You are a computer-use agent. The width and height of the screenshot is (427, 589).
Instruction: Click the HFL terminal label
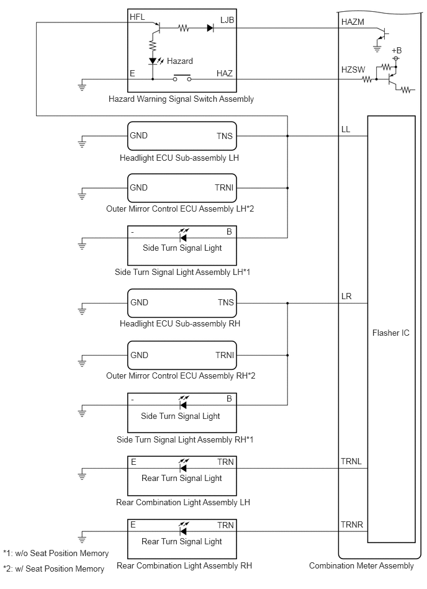[x=137, y=17]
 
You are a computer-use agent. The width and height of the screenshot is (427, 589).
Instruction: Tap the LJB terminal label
[x=227, y=20]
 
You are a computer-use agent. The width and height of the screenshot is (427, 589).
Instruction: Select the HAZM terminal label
[x=353, y=22]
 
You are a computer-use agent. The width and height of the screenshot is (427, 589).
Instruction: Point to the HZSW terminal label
[x=353, y=70]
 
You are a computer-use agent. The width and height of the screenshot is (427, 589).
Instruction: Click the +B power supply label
[x=397, y=50]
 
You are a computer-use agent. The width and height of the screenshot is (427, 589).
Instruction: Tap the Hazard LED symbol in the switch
[x=153, y=61]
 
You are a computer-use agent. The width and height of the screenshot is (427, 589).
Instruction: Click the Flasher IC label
[x=391, y=333]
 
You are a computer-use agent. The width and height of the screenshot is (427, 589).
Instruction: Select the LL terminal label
[x=346, y=130]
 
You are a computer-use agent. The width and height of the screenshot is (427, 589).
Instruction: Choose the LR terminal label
[x=346, y=297]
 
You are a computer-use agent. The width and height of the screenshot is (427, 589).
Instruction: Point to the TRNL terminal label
[x=351, y=462]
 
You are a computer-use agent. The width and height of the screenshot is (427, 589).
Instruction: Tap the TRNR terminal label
[x=352, y=525]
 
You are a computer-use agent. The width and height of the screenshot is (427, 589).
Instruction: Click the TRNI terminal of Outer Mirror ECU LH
[x=224, y=188]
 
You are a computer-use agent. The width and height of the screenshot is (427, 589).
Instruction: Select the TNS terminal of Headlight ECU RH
[x=226, y=303]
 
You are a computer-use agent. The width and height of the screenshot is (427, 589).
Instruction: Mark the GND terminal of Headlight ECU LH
[x=138, y=135]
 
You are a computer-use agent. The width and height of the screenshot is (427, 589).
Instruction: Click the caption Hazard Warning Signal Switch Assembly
[x=181, y=99]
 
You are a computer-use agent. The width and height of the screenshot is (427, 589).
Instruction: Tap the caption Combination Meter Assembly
[x=361, y=565]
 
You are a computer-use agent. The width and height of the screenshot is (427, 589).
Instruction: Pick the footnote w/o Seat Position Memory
[x=56, y=554]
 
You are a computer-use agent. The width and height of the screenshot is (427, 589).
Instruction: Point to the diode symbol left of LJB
[x=210, y=28]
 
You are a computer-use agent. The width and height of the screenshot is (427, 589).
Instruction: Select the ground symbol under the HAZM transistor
[x=377, y=48]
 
